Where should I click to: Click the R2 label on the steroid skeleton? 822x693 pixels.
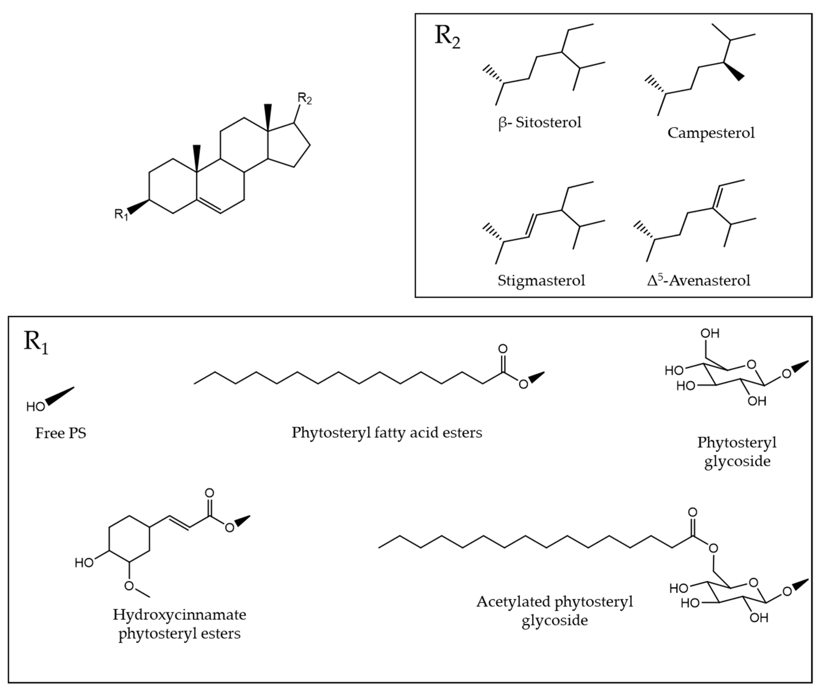tap(304, 98)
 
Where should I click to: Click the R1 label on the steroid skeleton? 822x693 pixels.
tap(121, 214)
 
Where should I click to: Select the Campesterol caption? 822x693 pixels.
tap(711, 133)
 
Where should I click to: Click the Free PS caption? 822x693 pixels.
tap(61, 433)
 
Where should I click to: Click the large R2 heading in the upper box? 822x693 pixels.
tap(447, 37)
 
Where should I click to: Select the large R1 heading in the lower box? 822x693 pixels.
tap(36, 342)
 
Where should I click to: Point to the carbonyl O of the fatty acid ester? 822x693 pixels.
tap(502, 349)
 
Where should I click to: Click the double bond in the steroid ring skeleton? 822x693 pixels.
tap(209, 207)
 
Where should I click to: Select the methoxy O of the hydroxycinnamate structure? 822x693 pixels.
tap(129, 586)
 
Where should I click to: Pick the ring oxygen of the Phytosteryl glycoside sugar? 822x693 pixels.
tap(751, 365)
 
